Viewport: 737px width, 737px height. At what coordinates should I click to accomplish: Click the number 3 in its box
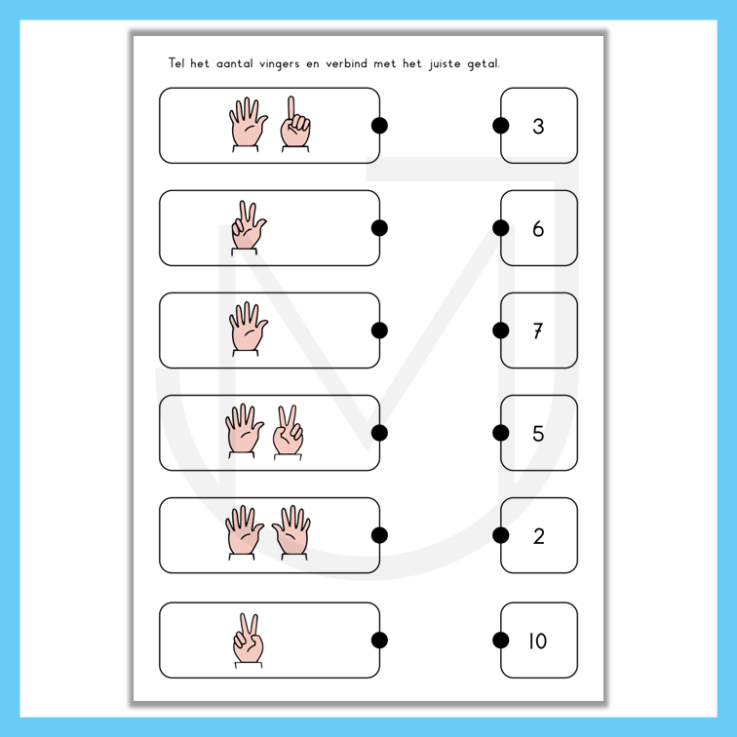click(538, 126)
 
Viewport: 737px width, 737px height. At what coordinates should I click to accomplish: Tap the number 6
click(538, 228)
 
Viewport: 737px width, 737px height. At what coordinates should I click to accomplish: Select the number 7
click(538, 330)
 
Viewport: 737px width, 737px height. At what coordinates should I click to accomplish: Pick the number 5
click(538, 434)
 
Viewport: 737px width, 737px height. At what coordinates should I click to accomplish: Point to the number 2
click(539, 536)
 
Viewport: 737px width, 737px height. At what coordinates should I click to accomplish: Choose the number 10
click(538, 640)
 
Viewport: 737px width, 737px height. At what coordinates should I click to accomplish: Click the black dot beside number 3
click(500, 126)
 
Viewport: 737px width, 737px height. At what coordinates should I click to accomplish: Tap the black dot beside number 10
click(500, 640)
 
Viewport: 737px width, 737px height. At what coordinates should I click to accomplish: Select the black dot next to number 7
click(500, 330)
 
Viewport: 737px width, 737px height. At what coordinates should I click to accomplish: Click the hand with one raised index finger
click(295, 124)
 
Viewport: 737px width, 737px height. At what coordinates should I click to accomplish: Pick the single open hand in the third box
click(248, 330)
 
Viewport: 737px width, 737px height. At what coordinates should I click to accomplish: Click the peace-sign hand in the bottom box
click(249, 640)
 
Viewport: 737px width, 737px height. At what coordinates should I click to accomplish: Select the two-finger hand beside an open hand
click(289, 433)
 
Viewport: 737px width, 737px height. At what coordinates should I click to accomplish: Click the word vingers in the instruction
click(279, 63)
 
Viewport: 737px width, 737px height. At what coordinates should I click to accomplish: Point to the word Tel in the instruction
click(176, 62)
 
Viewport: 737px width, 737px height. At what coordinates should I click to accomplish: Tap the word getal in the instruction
click(484, 63)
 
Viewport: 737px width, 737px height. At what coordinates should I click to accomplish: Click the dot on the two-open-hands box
click(379, 535)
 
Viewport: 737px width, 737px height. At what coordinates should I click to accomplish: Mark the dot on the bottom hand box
click(379, 640)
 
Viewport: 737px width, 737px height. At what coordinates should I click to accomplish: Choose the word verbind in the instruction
click(346, 63)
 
